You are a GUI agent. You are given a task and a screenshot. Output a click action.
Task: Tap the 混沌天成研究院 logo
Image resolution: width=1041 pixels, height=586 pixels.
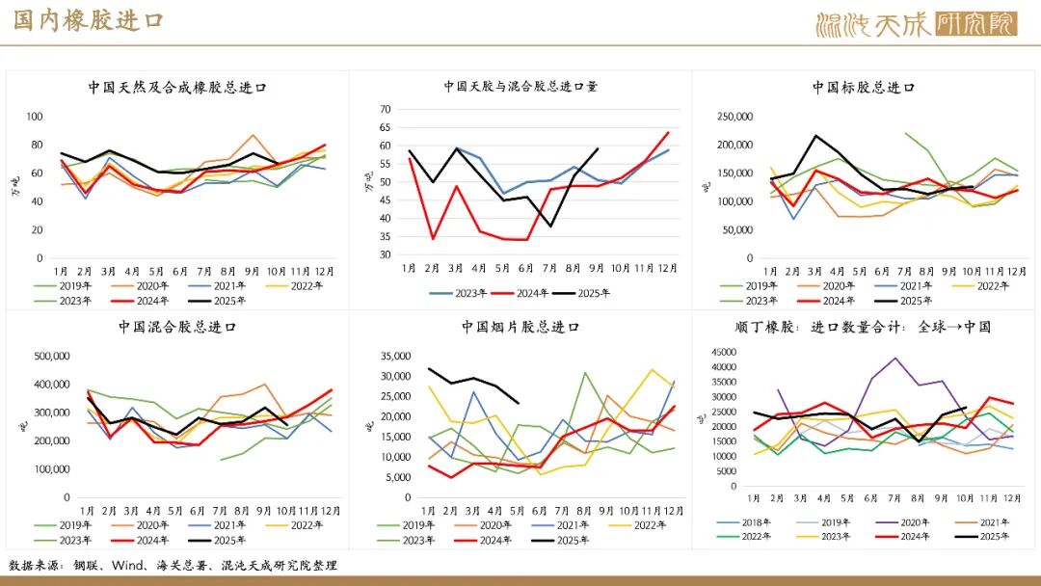pos(915,24)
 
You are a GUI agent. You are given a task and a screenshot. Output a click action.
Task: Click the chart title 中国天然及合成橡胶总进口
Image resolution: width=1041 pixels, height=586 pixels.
pos(177,87)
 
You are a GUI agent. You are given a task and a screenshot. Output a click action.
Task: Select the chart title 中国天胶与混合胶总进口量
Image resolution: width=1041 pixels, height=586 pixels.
pos(520,86)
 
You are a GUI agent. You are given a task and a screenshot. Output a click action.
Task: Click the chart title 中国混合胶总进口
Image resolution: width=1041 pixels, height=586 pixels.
pos(177,327)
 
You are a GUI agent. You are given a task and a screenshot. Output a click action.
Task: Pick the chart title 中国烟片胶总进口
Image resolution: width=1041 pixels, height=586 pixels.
pos(520,327)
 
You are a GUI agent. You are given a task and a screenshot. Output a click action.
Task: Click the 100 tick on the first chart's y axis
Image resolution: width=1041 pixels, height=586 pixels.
pos(36,117)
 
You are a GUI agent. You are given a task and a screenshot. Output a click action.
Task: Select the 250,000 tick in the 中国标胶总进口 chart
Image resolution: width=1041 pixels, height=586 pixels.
pos(735,117)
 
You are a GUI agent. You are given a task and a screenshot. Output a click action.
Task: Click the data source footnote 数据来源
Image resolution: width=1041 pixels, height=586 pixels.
pos(173,566)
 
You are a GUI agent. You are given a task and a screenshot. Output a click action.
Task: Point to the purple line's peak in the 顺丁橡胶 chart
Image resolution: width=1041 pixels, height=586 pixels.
pos(895,359)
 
